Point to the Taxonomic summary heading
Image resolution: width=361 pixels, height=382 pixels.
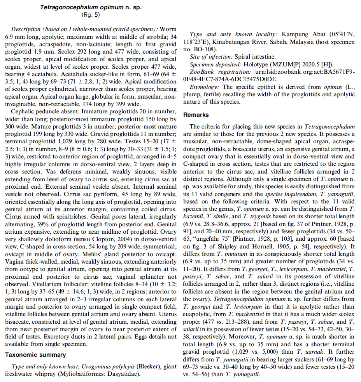point(35,354)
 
